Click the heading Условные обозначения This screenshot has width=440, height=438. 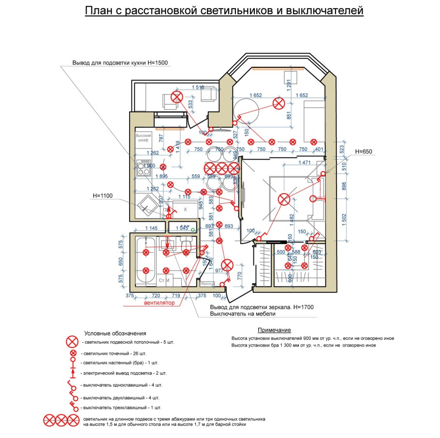click(115, 333)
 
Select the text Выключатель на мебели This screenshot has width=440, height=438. click(239, 314)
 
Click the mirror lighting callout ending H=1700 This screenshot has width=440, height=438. click(256, 307)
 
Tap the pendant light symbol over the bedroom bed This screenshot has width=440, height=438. click(284, 199)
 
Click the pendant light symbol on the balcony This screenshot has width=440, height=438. click(177, 97)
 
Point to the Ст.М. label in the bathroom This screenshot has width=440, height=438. click(164, 280)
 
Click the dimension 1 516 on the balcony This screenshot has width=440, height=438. click(198, 87)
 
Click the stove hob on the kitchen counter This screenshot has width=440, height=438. click(144, 167)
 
